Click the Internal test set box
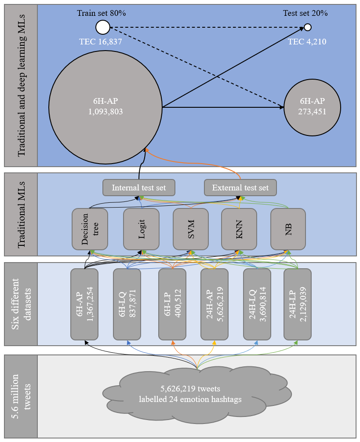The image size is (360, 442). click(x=139, y=188)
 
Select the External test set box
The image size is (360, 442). click(x=240, y=188)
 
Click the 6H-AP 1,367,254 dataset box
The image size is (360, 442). click(x=84, y=304)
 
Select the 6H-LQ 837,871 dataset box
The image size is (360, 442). click(x=127, y=304)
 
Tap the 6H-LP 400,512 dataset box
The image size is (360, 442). click(x=172, y=304)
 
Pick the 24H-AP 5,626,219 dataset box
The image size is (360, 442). click(x=214, y=304)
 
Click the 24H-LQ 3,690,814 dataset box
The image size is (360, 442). click(x=257, y=304)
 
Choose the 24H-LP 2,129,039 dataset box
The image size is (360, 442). click(x=298, y=304)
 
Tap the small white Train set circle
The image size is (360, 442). click(x=102, y=27)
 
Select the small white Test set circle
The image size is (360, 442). click(x=308, y=28)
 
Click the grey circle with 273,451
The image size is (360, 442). click(x=312, y=107)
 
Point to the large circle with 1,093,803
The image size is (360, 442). click(x=105, y=107)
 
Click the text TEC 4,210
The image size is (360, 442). click(x=307, y=42)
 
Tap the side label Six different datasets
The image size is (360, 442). click(x=21, y=304)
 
